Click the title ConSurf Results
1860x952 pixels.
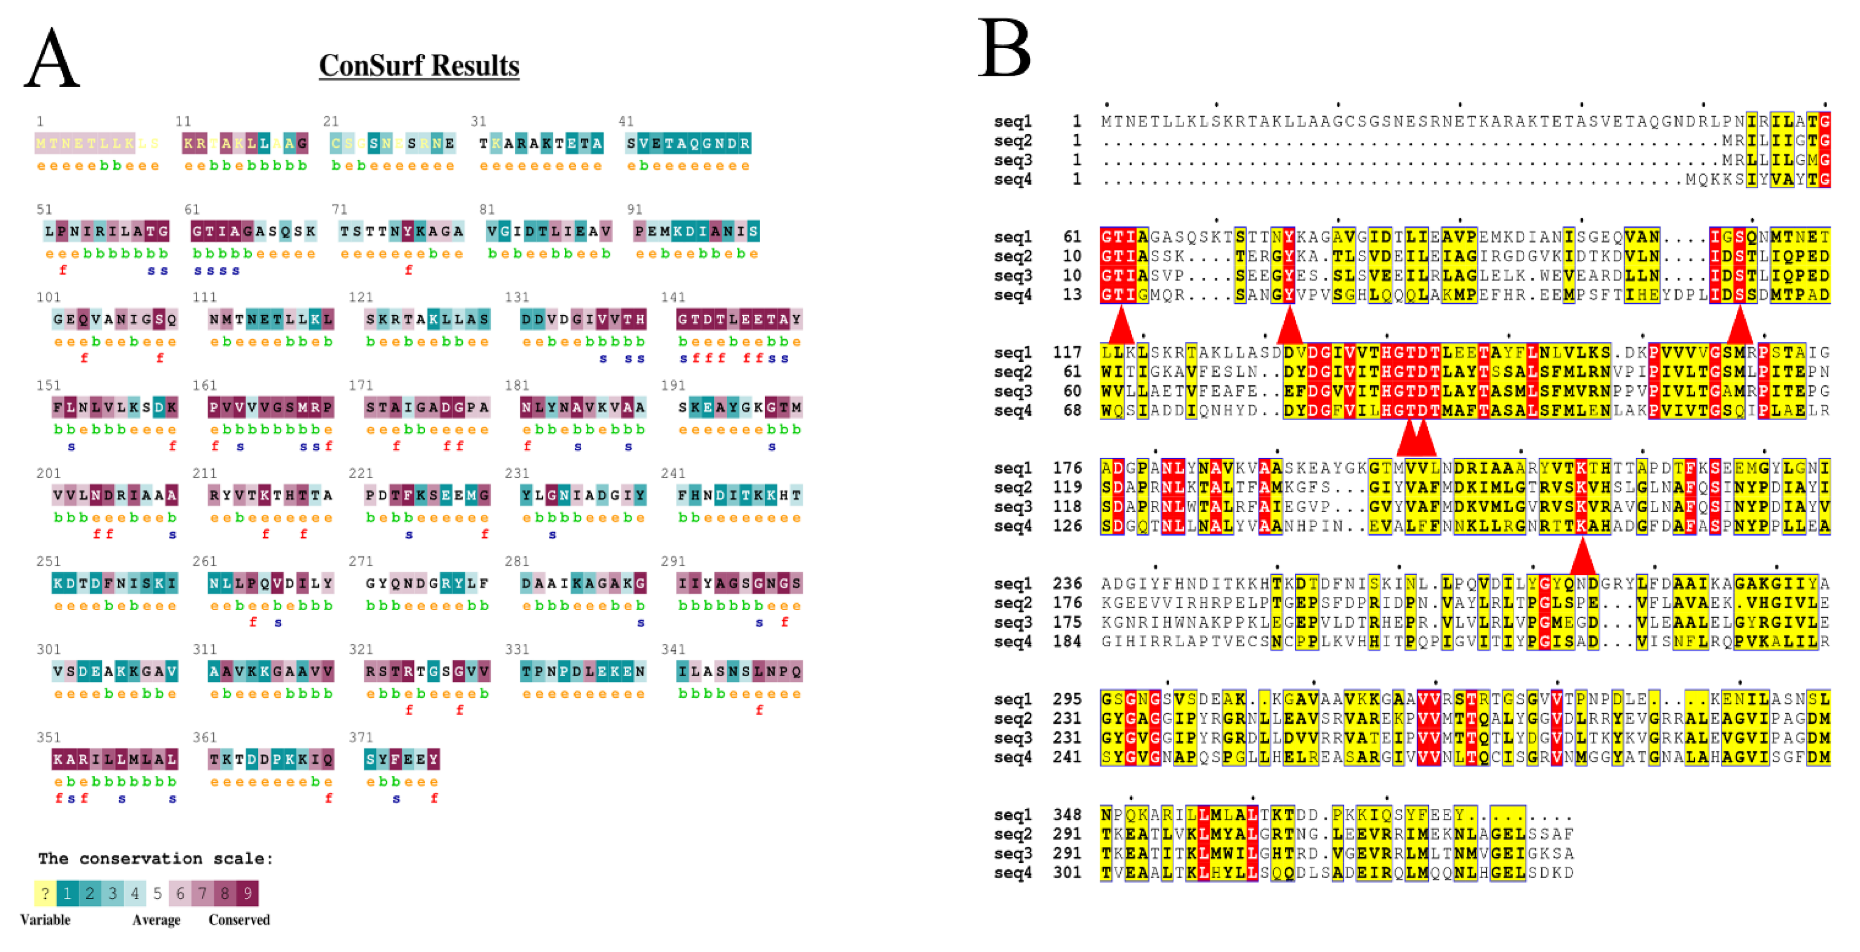(x=419, y=66)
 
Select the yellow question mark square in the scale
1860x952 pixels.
(x=45, y=893)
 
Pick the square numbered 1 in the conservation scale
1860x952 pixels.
(x=67, y=893)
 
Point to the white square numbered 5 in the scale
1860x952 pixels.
(x=158, y=893)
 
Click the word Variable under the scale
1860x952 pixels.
(x=46, y=919)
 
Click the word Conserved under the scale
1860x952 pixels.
(x=239, y=919)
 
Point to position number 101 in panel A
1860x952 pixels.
(x=49, y=297)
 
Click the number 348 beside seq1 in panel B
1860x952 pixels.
(x=1066, y=815)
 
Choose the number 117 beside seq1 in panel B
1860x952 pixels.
(x=1066, y=353)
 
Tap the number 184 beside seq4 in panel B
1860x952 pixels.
(x=1066, y=641)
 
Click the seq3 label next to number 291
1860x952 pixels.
(x=1013, y=853)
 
